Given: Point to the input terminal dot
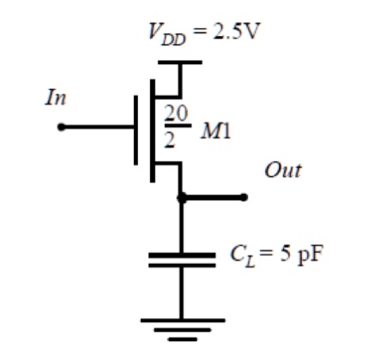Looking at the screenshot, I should (x=61, y=128).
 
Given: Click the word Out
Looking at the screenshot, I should (x=282, y=170).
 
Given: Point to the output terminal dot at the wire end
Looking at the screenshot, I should (x=244, y=197).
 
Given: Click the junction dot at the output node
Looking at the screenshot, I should (x=181, y=197).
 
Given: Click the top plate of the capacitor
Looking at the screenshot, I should (x=181, y=255).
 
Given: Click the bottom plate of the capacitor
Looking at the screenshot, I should (x=181, y=266).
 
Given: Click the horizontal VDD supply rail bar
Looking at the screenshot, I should (x=181, y=62).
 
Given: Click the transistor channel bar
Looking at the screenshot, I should (x=153, y=129).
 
